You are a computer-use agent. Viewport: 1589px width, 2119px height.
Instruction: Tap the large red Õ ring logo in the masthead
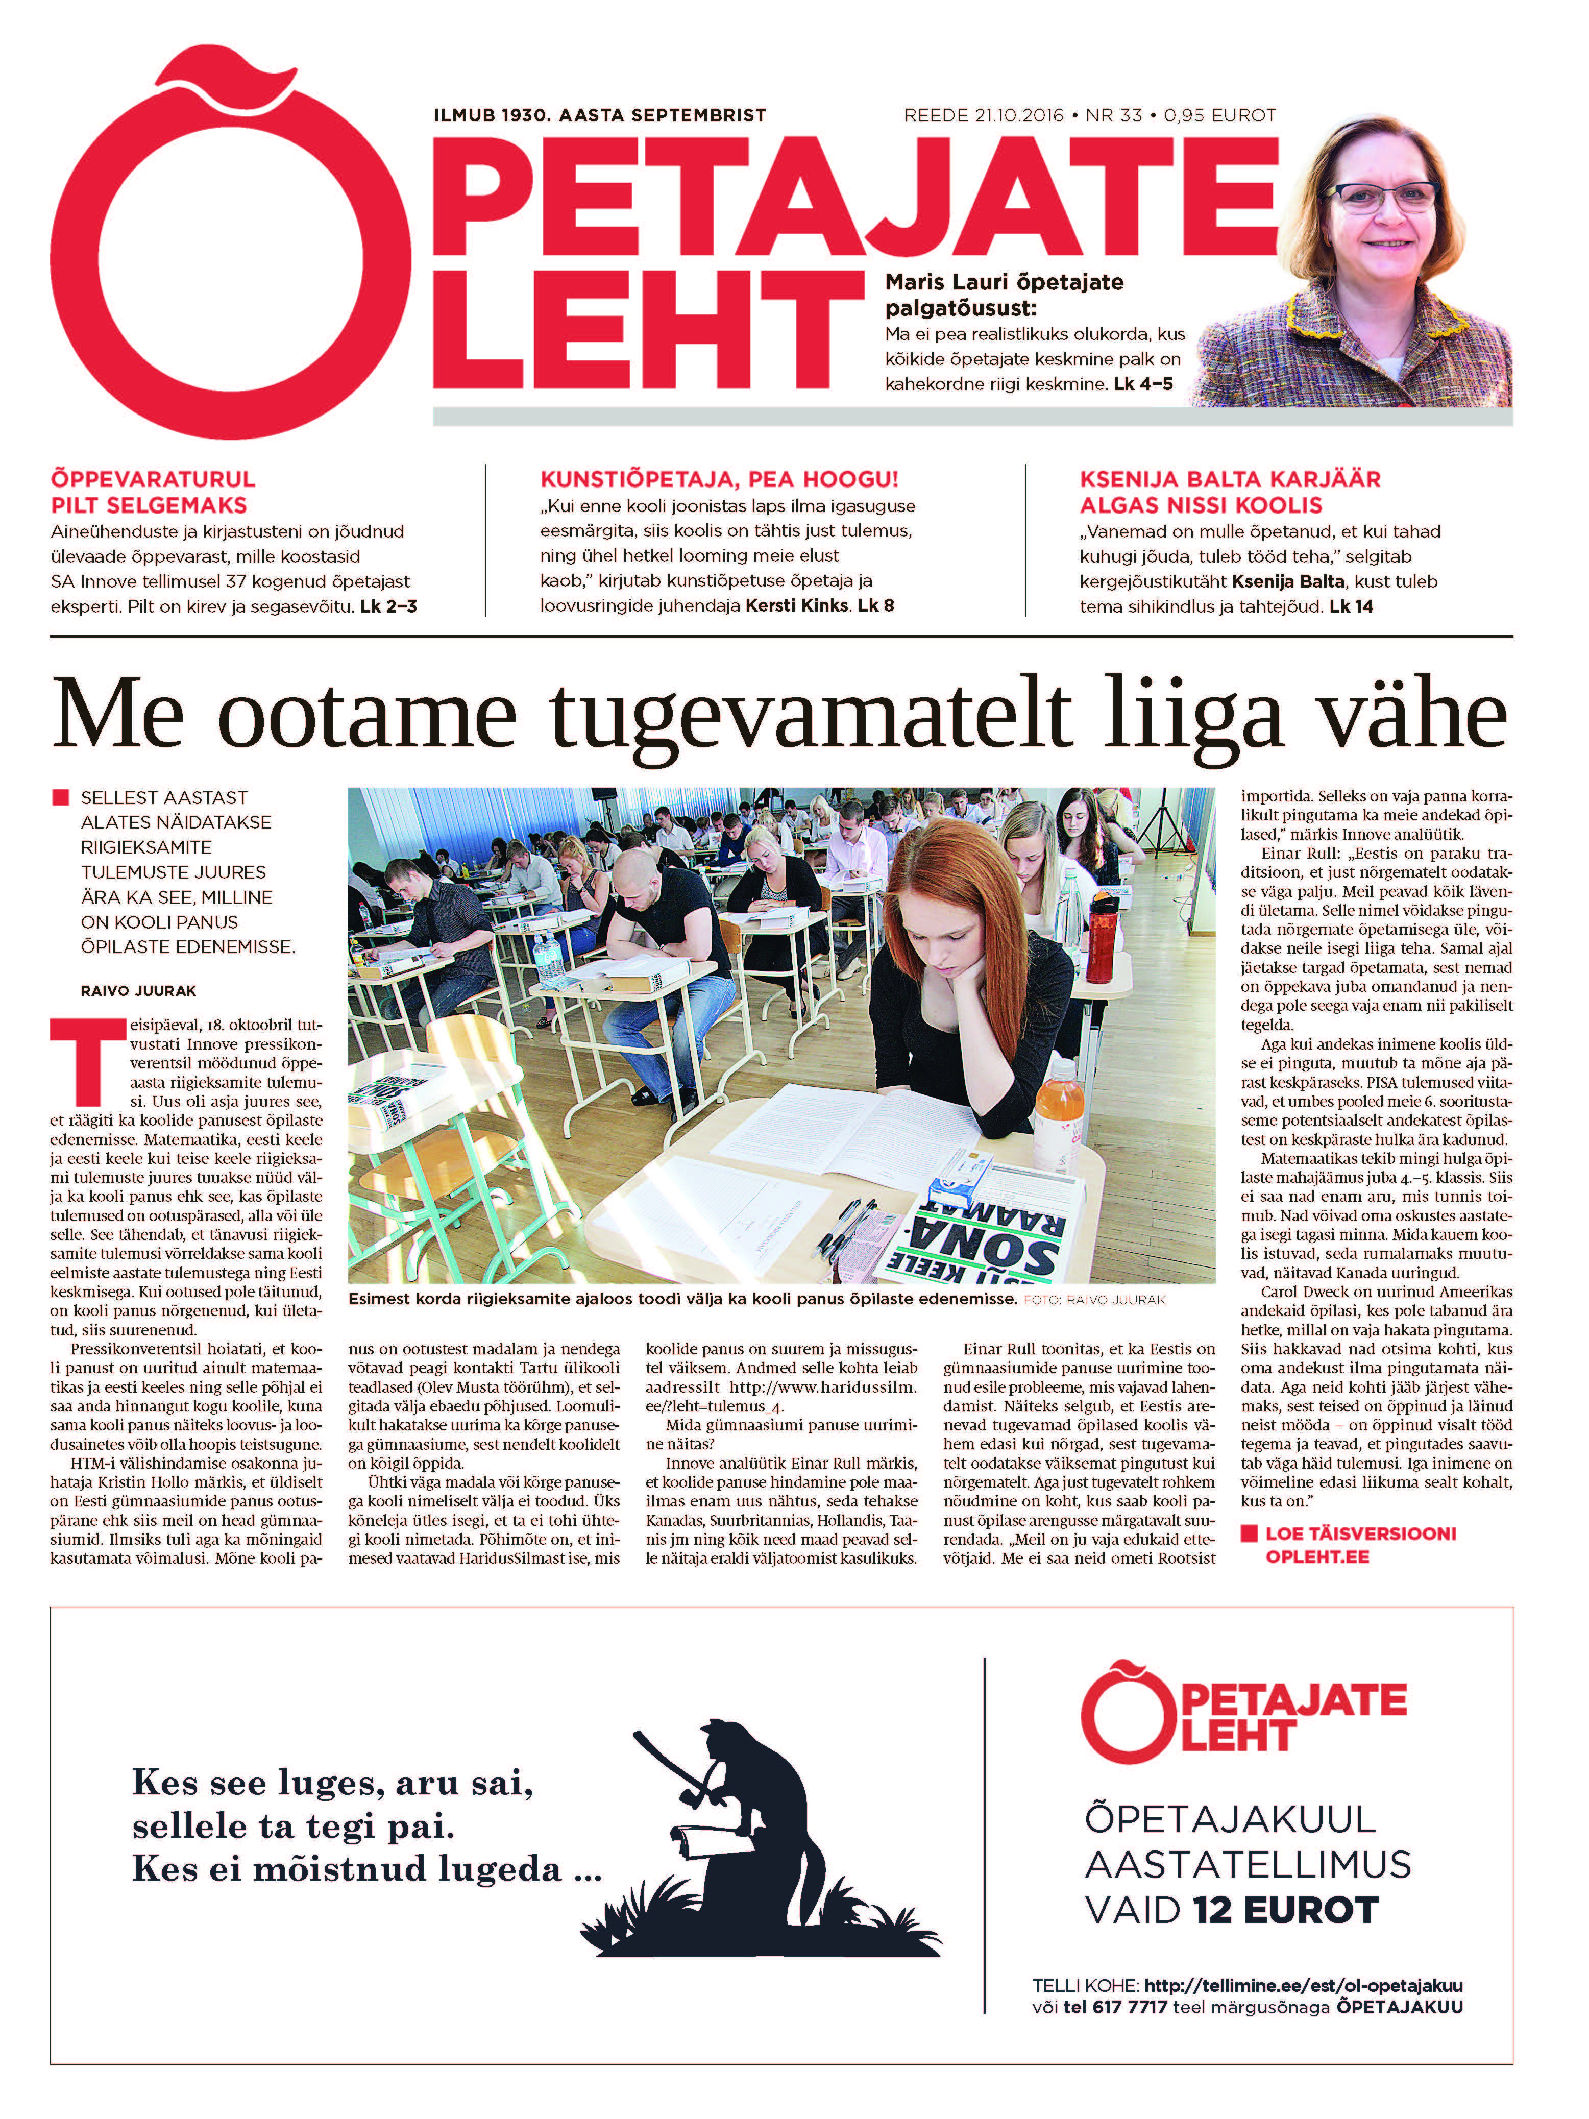point(230,259)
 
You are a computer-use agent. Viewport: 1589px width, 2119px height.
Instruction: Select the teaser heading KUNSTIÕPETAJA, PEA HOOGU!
point(718,479)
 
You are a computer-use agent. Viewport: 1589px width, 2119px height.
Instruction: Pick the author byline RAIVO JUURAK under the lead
point(138,990)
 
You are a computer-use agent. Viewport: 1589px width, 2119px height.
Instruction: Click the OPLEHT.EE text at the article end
point(1317,1556)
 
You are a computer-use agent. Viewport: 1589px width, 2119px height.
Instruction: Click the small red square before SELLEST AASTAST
point(60,797)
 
